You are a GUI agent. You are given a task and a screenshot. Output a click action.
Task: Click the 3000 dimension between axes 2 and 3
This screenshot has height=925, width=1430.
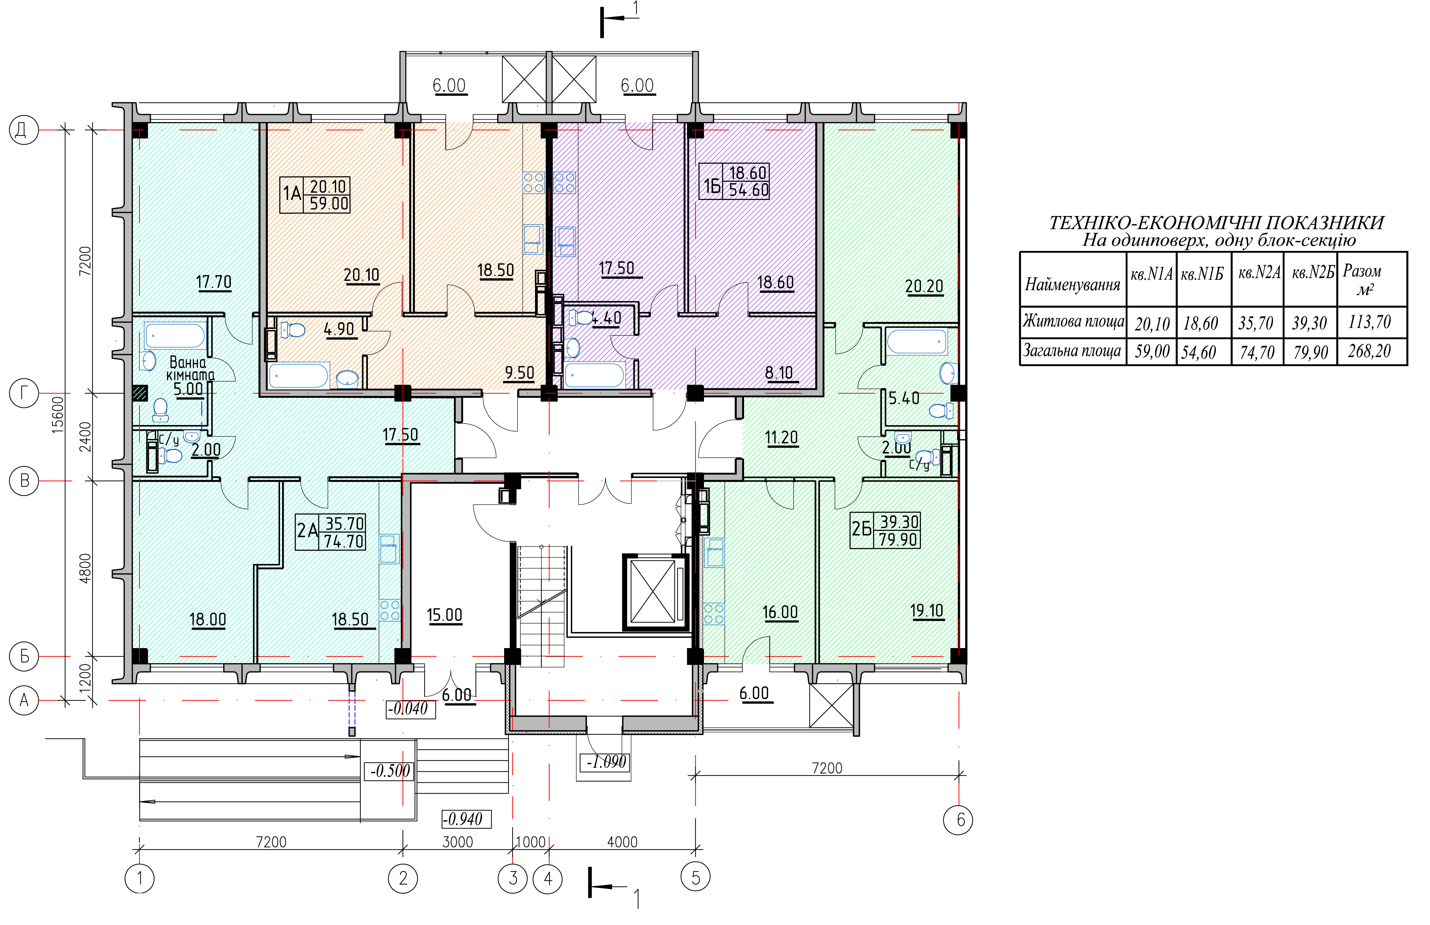458,842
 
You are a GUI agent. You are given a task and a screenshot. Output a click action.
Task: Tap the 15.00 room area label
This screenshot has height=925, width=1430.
445,615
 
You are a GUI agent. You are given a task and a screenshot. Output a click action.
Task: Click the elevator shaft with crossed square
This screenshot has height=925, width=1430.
654,592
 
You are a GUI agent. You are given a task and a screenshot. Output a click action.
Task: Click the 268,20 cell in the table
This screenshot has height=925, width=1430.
1369,351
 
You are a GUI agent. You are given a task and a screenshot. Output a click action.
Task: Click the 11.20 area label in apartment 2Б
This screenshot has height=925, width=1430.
782,438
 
